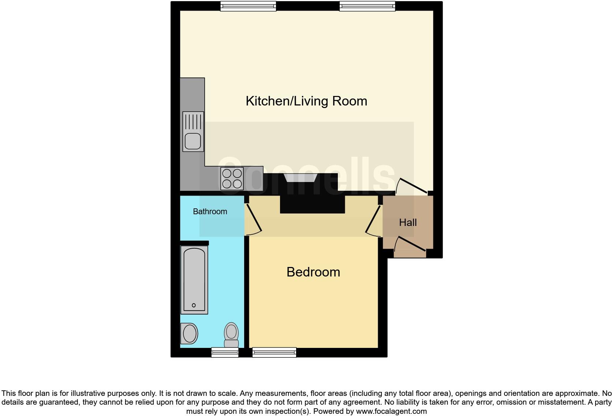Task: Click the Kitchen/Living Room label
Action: click(306, 101)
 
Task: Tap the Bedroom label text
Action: click(313, 272)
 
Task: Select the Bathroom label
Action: click(210, 212)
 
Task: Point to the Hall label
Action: click(408, 223)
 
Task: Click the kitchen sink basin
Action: click(193, 141)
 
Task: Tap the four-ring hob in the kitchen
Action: click(232, 178)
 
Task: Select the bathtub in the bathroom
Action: click(194, 279)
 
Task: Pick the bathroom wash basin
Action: click(189, 334)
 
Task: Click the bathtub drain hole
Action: click(194, 305)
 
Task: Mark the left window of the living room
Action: click(248, 6)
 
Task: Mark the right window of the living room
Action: click(367, 6)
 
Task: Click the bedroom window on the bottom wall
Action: click(274, 353)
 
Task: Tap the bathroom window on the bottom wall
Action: click(225, 353)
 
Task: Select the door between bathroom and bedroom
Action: click(253, 219)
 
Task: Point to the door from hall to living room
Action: click(413, 185)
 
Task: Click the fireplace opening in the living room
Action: click(300, 178)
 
